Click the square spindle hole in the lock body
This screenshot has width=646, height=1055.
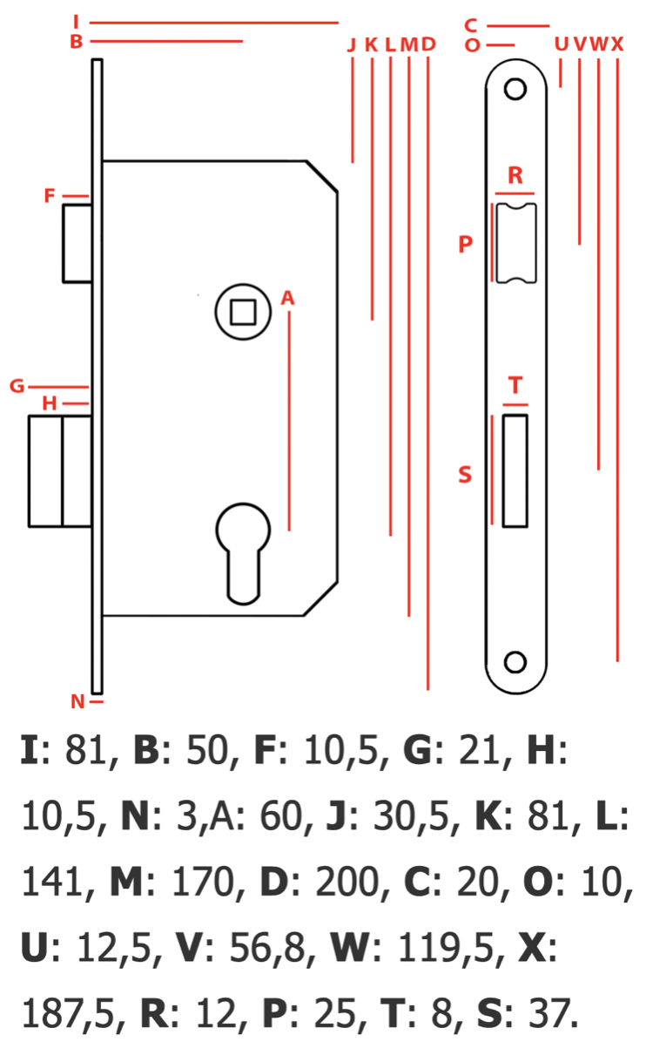pyautogui.click(x=243, y=312)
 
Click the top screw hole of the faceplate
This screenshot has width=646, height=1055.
pyautogui.click(x=515, y=89)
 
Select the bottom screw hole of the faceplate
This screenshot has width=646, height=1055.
pyautogui.click(x=515, y=662)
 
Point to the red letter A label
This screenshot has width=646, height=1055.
pyautogui.click(x=287, y=298)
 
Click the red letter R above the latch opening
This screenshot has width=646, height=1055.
pyautogui.click(x=515, y=176)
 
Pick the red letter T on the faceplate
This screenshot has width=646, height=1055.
pyautogui.click(x=515, y=385)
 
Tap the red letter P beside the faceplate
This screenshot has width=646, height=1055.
pyautogui.click(x=465, y=244)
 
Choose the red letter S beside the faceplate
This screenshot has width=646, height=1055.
pyautogui.click(x=465, y=474)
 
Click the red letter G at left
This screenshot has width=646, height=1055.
pyautogui.click(x=17, y=386)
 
